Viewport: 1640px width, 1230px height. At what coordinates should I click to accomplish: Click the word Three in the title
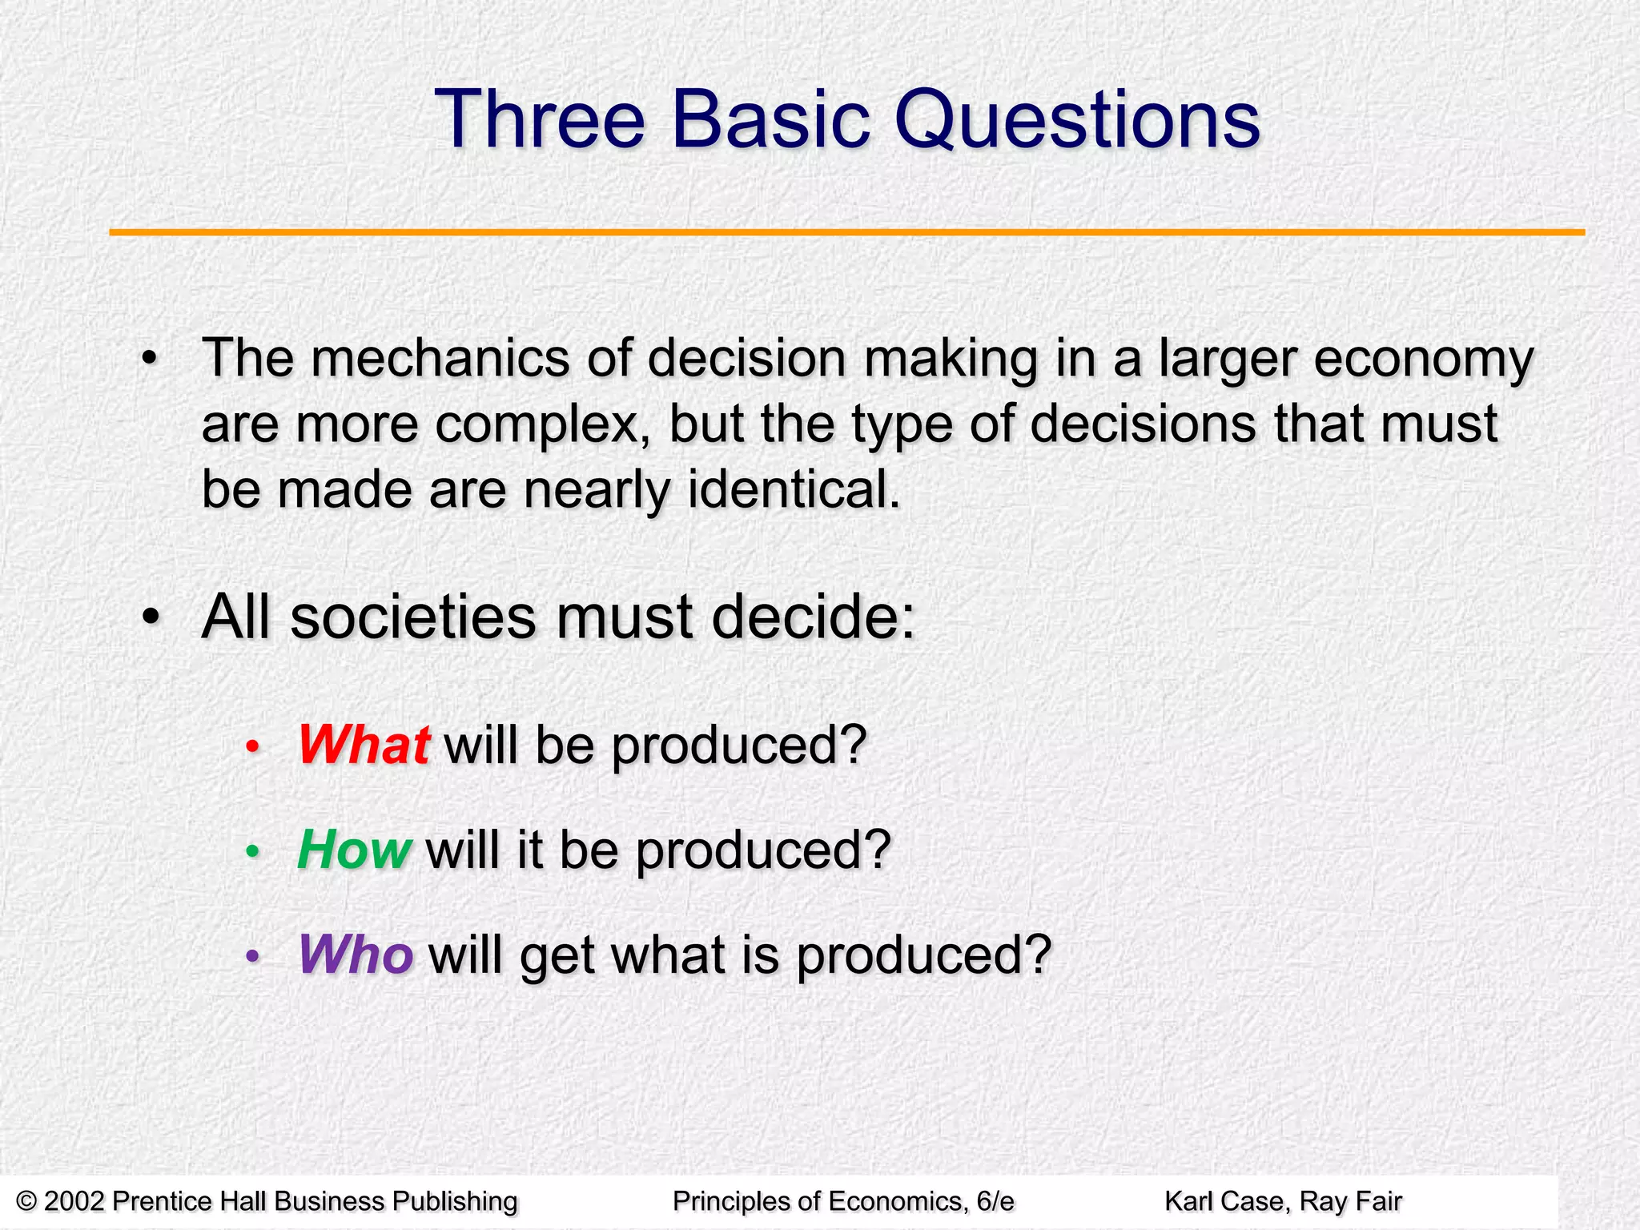538,120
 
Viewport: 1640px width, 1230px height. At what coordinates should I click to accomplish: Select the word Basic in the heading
769,120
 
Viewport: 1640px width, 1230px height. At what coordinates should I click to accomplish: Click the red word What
364,745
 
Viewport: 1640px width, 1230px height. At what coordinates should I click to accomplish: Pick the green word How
354,850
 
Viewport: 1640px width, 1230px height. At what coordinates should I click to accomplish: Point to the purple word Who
356,955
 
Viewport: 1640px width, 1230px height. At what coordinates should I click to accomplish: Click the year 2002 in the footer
74,1201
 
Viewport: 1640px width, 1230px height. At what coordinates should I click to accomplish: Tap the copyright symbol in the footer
26,1201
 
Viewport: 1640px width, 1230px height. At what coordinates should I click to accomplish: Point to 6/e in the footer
995,1201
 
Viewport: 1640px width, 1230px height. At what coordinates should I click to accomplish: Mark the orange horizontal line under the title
846,232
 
